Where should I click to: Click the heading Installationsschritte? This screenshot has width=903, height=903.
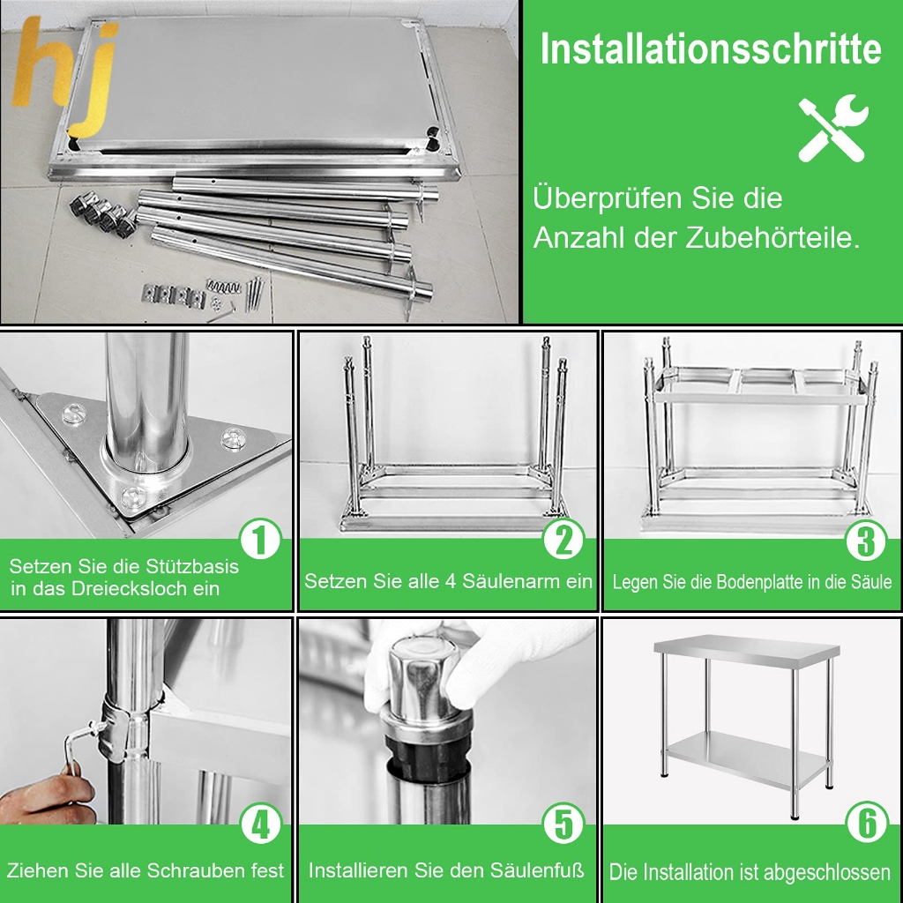(711, 49)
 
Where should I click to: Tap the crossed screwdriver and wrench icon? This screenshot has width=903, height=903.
(832, 129)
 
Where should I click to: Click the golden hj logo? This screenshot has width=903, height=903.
(65, 72)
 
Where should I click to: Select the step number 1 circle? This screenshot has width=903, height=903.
(260, 539)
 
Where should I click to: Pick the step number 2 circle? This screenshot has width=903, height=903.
(563, 539)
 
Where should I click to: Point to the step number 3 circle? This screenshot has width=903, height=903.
(866, 540)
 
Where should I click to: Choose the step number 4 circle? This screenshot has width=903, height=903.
(261, 825)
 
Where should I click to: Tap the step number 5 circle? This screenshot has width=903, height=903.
(563, 825)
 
